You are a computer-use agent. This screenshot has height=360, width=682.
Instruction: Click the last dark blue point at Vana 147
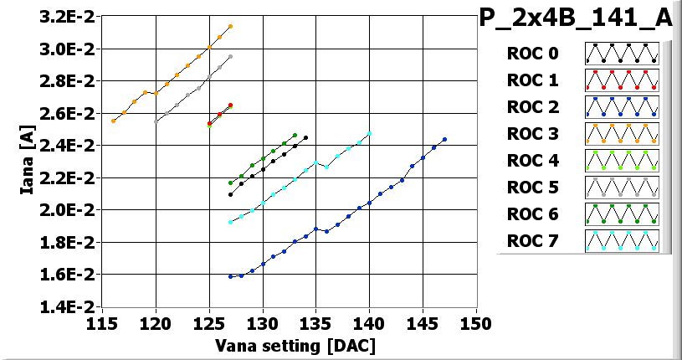tap(444, 140)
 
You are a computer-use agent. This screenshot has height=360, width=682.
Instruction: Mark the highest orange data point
tap(230, 27)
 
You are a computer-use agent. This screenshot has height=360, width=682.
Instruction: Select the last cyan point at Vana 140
tap(369, 134)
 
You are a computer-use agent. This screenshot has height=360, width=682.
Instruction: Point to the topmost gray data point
tap(230, 57)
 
